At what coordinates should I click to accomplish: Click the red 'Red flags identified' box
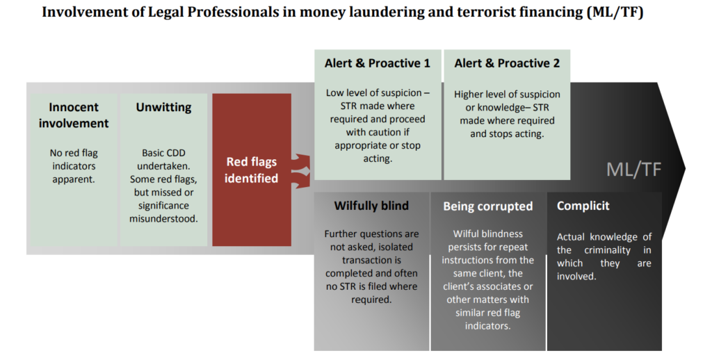pos(252,170)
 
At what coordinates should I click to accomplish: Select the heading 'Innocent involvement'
pos(74,115)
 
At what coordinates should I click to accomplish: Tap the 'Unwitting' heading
pos(163,108)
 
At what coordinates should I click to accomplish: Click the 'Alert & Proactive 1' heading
pos(377,63)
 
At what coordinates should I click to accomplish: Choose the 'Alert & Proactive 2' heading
pos(507,63)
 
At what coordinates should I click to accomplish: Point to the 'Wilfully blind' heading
pos(371,206)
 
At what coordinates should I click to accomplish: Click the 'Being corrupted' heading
pos(487,206)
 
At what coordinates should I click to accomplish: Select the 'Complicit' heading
pos(583,206)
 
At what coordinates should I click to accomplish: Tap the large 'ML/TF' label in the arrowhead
pos(634,170)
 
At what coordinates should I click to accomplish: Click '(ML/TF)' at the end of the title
pos(615,13)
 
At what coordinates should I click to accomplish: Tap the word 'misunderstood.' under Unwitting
pos(163,219)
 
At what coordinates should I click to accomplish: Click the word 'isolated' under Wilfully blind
pos(395,247)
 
